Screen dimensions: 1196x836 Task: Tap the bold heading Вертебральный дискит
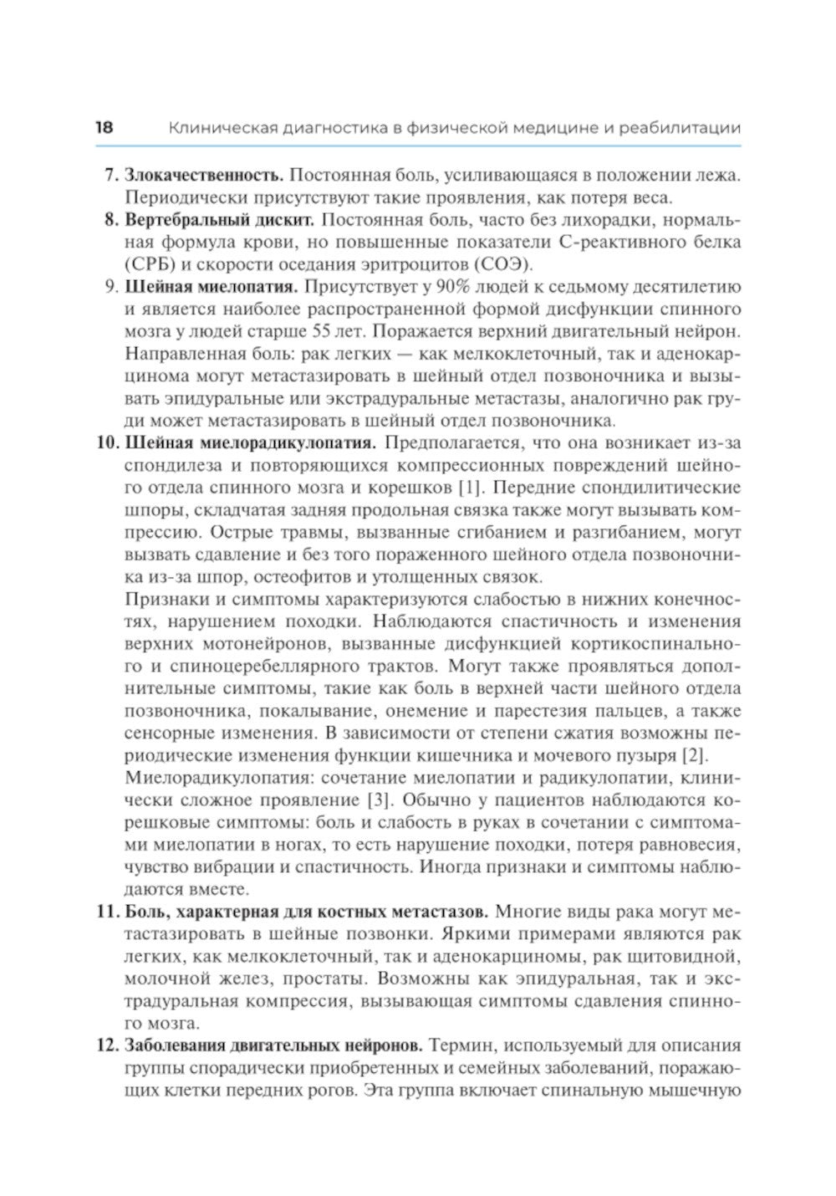pos(219,220)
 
